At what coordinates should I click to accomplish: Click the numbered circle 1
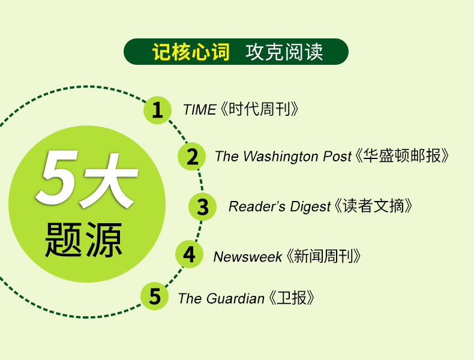pyautogui.click(x=157, y=110)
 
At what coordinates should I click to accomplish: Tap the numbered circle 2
pyautogui.click(x=191, y=156)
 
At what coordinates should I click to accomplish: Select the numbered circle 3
pyautogui.click(x=203, y=207)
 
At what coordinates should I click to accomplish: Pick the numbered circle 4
pyautogui.click(x=189, y=254)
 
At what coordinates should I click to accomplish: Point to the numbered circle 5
pyautogui.click(x=155, y=296)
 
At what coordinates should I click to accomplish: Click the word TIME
pyautogui.click(x=200, y=109)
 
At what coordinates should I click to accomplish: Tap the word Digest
pyautogui.click(x=310, y=207)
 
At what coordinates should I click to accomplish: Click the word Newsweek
pyautogui.click(x=248, y=257)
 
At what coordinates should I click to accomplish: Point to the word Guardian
pyautogui.click(x=235, y=299)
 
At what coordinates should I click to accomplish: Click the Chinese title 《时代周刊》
pyautogui.click(x=260, y=109)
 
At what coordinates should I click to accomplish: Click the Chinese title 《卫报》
pyautogui.click(x=292, y=298)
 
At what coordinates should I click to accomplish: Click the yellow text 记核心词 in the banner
pyautogui.click(x=191, y=52)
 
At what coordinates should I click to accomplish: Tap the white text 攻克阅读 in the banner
pyautogui.click(x=284, y=52)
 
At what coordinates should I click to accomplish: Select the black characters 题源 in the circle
pyautogui.click(x=83, y=239)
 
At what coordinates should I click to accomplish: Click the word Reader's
pyautogui.click(x=257, y=207)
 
